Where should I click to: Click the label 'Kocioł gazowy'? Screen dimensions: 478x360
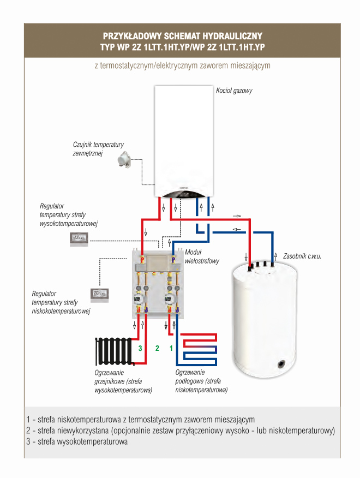pyautogui.click(x=234, y=91)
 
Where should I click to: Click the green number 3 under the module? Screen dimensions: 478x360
pyautogui.click(x=140, y=348)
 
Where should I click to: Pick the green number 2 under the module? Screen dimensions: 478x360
pyautogui.click(x=157, y=348)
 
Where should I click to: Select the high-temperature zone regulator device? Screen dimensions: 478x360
pyautogui.click(x=82, y=238)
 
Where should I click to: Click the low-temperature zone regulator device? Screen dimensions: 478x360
pyautogui.click(x=101, y=294)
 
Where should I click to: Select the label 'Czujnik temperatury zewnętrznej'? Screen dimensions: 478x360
pyautogui.click(x=98, y=149)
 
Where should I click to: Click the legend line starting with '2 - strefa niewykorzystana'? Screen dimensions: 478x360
pyautogui.click(x=180, y=431)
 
